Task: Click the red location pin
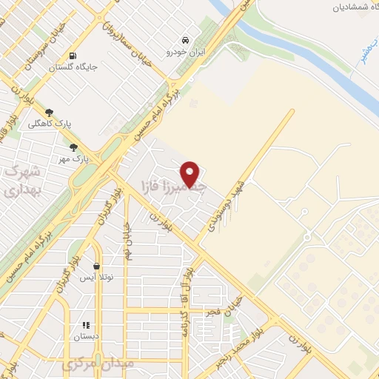(x=191, y=173)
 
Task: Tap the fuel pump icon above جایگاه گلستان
(x=72, y=56)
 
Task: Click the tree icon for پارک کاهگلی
(x=49, y=113)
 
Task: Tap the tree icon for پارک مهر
(x=73, y=148)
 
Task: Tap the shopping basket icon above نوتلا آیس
(x=97, y=266)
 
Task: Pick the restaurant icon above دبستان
(x=86, y=324)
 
